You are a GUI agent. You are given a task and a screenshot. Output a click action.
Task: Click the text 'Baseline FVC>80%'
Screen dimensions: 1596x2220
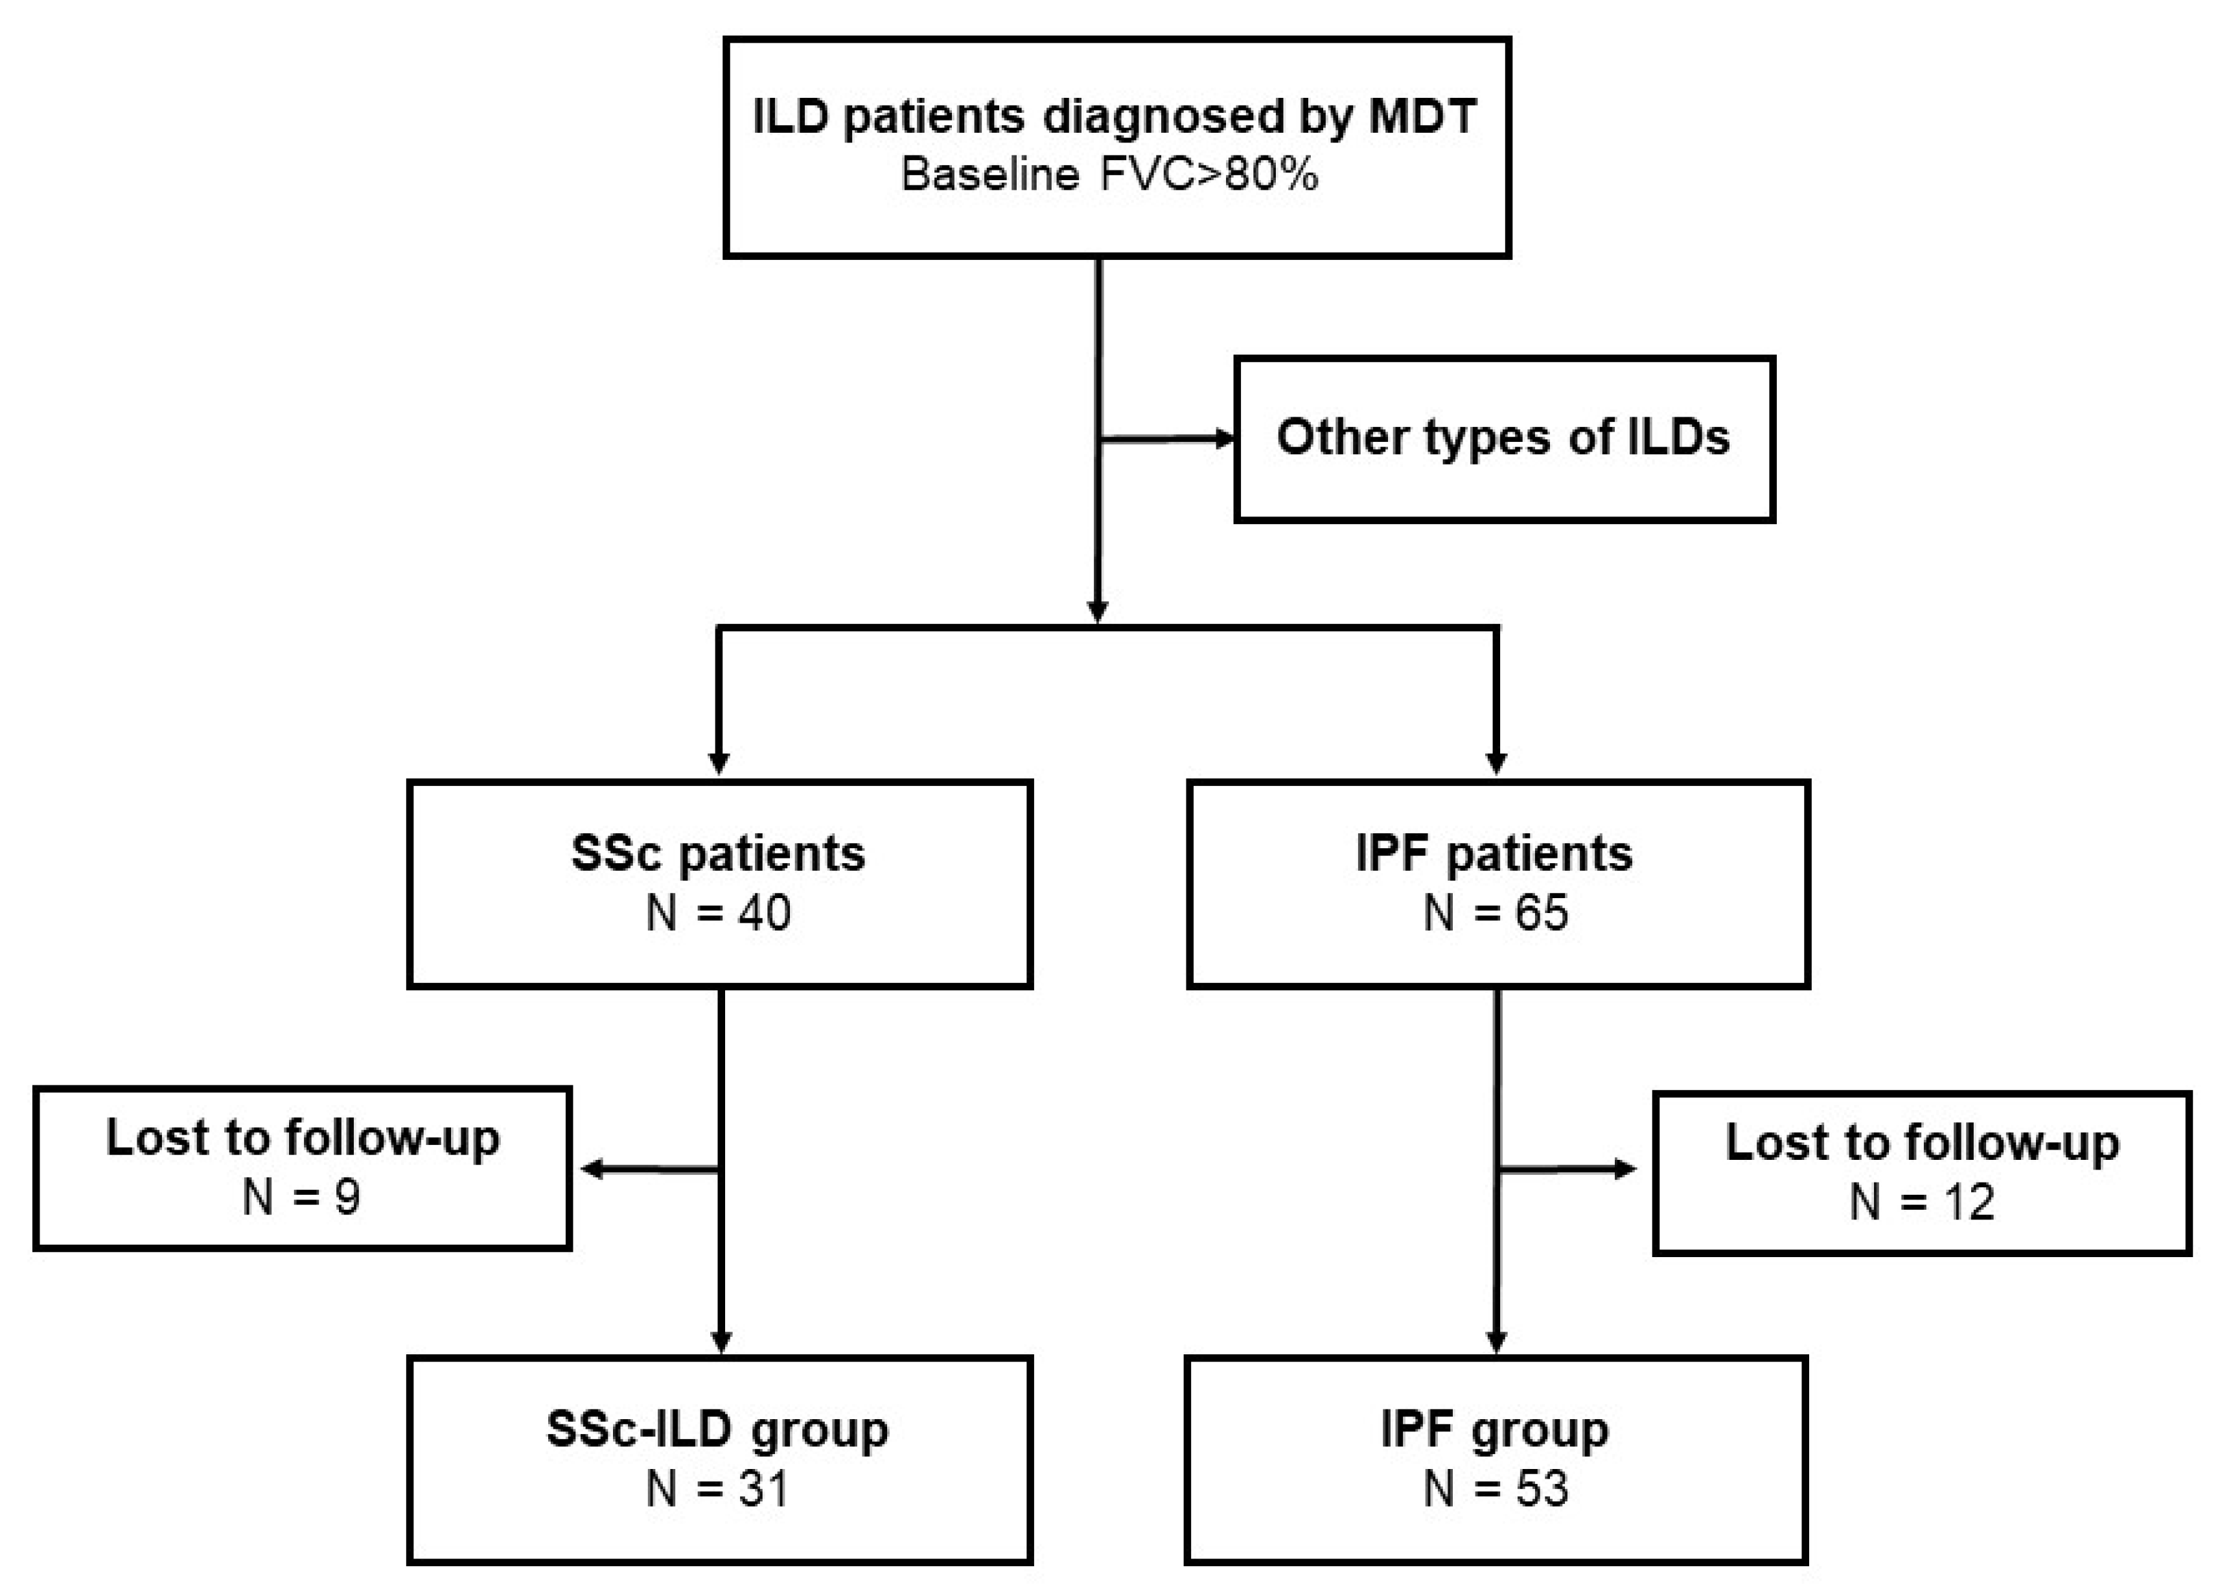click(1109, 175)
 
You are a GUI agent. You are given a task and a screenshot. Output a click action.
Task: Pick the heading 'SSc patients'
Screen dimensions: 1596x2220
click(719, 854)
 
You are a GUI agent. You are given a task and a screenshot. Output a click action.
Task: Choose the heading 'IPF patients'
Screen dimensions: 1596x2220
click(1495, 854)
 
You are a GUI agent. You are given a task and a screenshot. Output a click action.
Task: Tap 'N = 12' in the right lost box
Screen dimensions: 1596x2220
click(1921, 1201)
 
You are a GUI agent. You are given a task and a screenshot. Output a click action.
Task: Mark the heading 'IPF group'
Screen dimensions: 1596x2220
click(1495, 1429)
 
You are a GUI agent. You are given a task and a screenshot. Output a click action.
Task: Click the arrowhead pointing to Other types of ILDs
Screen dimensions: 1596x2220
click(1225, 439)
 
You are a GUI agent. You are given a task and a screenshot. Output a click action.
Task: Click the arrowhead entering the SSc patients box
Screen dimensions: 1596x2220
click(719, 763)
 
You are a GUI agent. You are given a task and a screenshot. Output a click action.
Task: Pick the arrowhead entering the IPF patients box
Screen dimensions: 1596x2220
click(1496, 763)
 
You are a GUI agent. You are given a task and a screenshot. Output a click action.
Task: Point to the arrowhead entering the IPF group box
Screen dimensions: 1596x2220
click(1496, 1341)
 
